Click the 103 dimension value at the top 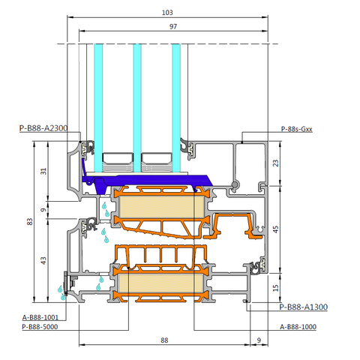[x=167, y=13]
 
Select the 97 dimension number [x=173, y=26]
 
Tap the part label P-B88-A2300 [x=43, y=128]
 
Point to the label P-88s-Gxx [x=297, y=129]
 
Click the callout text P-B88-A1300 [x=304, y=307]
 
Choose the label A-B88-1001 [x=40, y=317]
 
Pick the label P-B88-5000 [x=40, y=327]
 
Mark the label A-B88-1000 [x=298, y=327]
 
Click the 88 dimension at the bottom [x=164, y=340]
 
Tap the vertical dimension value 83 [x=30, y=222]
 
